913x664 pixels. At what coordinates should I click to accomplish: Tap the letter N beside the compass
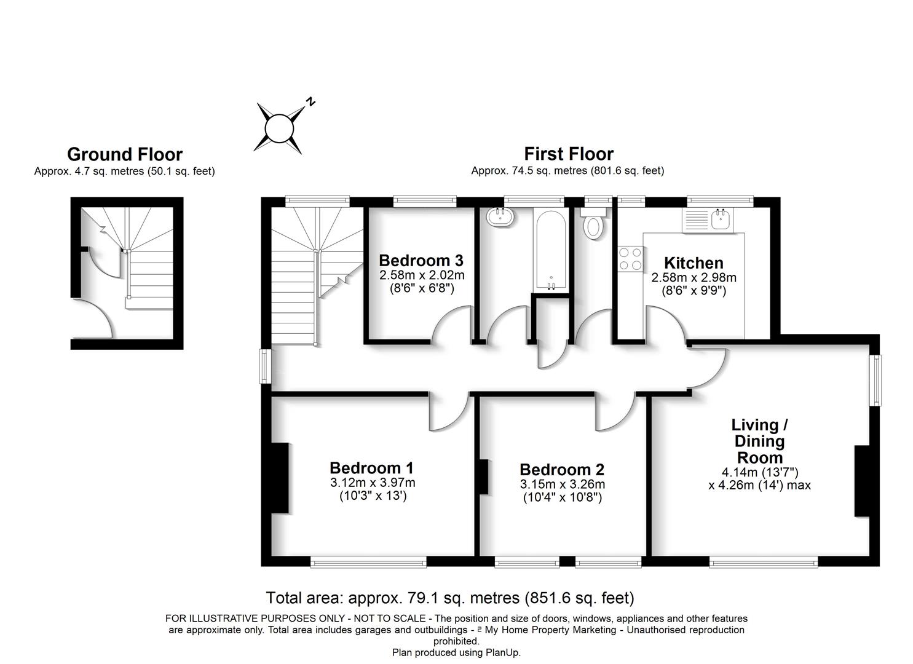coord(311,101)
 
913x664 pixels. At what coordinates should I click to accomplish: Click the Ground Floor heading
coord(124,154)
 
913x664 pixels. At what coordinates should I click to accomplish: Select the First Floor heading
coord(568,154)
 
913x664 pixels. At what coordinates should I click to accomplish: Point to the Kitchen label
coord(694,263)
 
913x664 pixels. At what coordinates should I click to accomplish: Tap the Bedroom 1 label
coord(372,468)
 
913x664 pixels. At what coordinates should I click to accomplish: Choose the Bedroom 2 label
coord(562,470)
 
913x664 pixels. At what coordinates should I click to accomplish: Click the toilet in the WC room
coord(594,224)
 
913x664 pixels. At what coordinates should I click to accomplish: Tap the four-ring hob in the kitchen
coord(630,258)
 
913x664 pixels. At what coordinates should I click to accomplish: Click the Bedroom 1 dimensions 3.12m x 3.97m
coord(373,483)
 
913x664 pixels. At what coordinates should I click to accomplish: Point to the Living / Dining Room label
coord(760,441)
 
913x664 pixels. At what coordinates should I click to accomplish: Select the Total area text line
coord(449,598)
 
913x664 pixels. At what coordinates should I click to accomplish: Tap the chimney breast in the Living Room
coord(862,481)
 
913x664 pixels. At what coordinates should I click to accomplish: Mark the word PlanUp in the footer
coord(500,652)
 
